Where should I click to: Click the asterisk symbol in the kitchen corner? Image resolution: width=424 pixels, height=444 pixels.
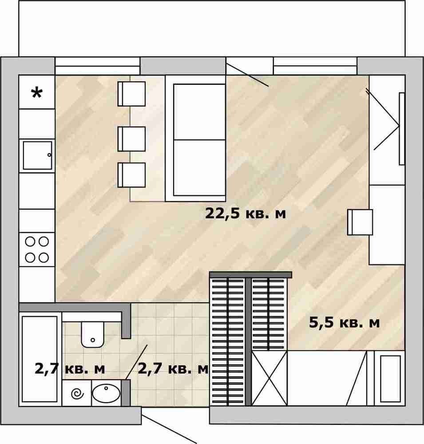pyautogui.click(x=37, y=93)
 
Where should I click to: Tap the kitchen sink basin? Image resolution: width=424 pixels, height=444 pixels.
pyautogui.click(x=37, y=155)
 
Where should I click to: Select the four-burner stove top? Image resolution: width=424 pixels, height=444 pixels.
pyautogui.click(x=37, y=250)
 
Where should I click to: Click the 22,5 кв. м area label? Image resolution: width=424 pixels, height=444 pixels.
pyautogui.click(x=245, y=214)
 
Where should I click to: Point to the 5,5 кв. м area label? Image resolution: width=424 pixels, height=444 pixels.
pyautogui.click(x=344, y=322)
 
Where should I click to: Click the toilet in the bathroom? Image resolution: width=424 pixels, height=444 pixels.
pyautogui.click(x=93, y=334)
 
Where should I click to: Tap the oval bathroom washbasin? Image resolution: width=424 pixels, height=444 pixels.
pyautogui.click(x=106, y=393)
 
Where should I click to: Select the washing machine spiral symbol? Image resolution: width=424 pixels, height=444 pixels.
pyautogui.click(x=77, y=393)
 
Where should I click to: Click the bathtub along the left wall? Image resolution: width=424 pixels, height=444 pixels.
pyautogui.click(x=40, y=359)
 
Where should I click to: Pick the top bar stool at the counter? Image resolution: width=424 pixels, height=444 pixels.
pyautogui.click(x=131, y=94)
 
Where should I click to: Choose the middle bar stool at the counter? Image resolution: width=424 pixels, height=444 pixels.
pyautogui.click(x=131, y=139)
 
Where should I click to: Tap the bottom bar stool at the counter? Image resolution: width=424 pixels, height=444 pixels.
pyautogui.click(x=131, y=175)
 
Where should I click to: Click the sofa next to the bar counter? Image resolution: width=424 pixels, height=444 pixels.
pyautogui.click(x=195, y=139)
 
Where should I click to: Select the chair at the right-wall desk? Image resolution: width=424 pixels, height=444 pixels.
pyautogui.click(x=360, y=222)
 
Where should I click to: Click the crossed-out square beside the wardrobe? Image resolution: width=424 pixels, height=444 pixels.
pyautogui.click(x=269, y=379)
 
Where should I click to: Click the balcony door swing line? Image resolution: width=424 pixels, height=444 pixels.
pyautogui.click(x=247, y=75)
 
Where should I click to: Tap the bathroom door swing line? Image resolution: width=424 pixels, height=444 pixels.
pyautogui.click(x=136, y=362)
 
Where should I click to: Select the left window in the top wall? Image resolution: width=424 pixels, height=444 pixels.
pyautogui.click(x=97, y=66)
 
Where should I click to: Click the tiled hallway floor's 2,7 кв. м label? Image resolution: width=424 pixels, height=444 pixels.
pyautogui.click(x=173, y=369)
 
